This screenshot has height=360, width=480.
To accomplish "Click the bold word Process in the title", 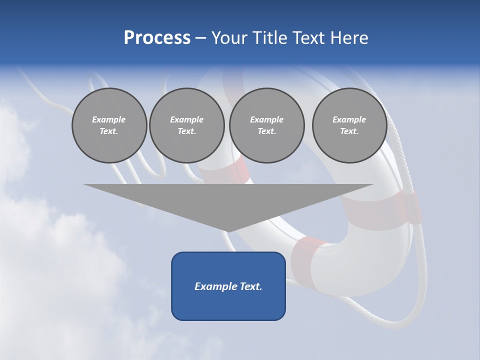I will coord(157,38).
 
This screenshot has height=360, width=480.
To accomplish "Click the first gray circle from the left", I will coord(109,125).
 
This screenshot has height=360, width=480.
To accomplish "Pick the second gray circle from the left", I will coord(186,125).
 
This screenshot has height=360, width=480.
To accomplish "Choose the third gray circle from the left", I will coord(266,125).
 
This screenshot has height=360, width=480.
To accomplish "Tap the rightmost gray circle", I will coord(349,125).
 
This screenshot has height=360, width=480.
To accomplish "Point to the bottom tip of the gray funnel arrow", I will coord(228,231).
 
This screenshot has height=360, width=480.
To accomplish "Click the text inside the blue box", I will coord(228,286).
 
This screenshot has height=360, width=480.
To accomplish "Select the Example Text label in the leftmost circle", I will coord(109,125).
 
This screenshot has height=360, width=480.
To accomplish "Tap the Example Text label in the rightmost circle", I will coord(349,125).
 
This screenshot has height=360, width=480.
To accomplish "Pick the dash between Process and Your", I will coord(200,38).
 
